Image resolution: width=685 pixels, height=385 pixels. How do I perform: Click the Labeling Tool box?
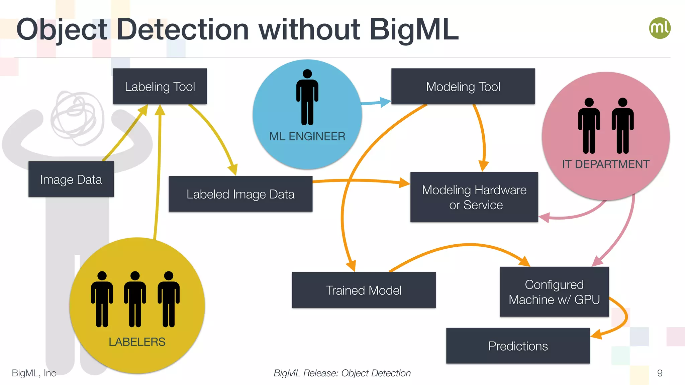160,87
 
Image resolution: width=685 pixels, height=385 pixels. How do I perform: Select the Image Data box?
71,179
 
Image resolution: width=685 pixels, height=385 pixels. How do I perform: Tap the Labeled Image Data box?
240,194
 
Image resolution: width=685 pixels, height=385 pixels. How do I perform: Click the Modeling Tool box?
463,87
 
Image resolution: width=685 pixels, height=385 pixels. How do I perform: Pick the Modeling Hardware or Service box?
474,197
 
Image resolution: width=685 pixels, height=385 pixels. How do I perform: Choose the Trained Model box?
364,290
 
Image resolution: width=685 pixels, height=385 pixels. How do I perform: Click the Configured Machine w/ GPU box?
554,292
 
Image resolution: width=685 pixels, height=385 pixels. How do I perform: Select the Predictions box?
518,346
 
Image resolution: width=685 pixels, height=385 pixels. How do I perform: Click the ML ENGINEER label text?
307,136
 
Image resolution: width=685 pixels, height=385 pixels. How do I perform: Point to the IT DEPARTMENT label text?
605,164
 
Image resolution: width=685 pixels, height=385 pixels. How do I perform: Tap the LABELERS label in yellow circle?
137,342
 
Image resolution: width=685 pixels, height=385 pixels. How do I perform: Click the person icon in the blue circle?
307,97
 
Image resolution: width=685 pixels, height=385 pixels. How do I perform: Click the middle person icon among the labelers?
135,299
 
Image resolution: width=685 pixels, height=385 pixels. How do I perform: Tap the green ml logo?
660,28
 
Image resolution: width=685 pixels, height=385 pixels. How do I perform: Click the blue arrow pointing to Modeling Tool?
376,102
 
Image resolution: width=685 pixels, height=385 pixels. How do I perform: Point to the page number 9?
660,373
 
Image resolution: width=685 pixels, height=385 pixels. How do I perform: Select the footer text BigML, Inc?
34,373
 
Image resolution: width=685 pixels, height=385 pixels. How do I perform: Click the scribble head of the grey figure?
78,118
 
